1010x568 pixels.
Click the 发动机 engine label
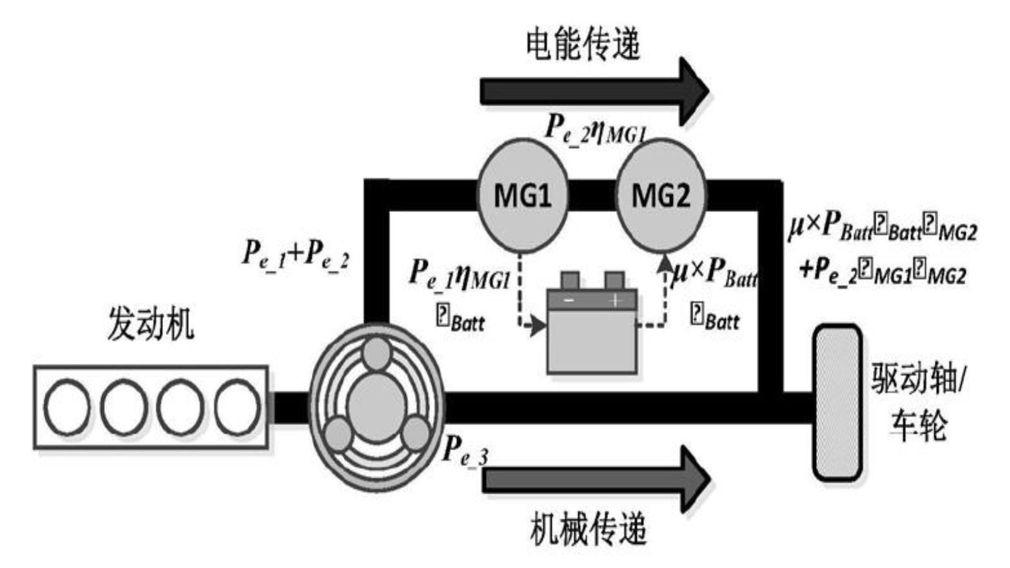click(x=150, y=324)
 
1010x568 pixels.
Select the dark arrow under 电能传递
click(x=593, y=91)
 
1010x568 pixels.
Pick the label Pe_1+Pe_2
click(x=295, y=254)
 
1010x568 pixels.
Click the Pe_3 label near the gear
click(x=465, y=451)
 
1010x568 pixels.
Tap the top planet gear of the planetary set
click(x=377, y=353)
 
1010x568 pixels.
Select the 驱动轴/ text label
click(x=917, y=381)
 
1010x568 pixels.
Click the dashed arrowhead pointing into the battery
click(x=538, y=326)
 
